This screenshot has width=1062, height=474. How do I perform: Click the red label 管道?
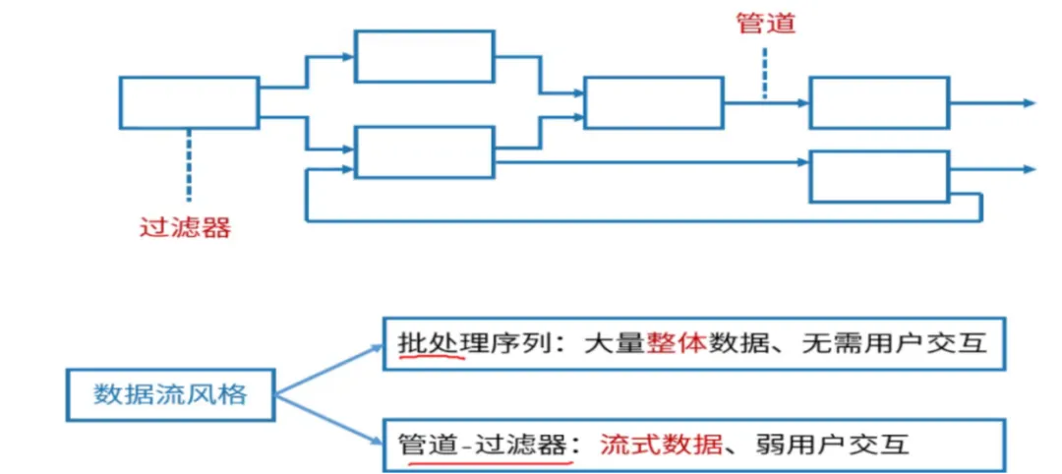pos(765,24)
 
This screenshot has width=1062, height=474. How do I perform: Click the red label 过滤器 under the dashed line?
pos(186,228)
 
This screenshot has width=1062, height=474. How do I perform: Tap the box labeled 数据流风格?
pos(169,395)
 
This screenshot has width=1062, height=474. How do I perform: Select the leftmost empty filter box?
pos(189,102)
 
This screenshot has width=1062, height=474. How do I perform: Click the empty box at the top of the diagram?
pos(424,56)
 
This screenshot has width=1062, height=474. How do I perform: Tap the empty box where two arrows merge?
pos(653,102)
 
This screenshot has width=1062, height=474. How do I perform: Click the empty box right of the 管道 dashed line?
pos(879,102)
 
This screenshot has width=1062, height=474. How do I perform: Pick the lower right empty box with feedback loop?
pos(879,176)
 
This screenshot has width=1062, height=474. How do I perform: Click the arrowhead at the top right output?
pos(1029,102)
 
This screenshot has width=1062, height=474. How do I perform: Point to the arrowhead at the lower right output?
pos(1029,169)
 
